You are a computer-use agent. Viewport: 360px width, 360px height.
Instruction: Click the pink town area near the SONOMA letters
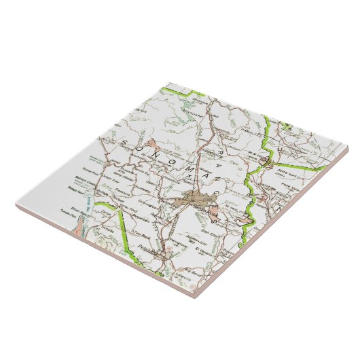point(158,144)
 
